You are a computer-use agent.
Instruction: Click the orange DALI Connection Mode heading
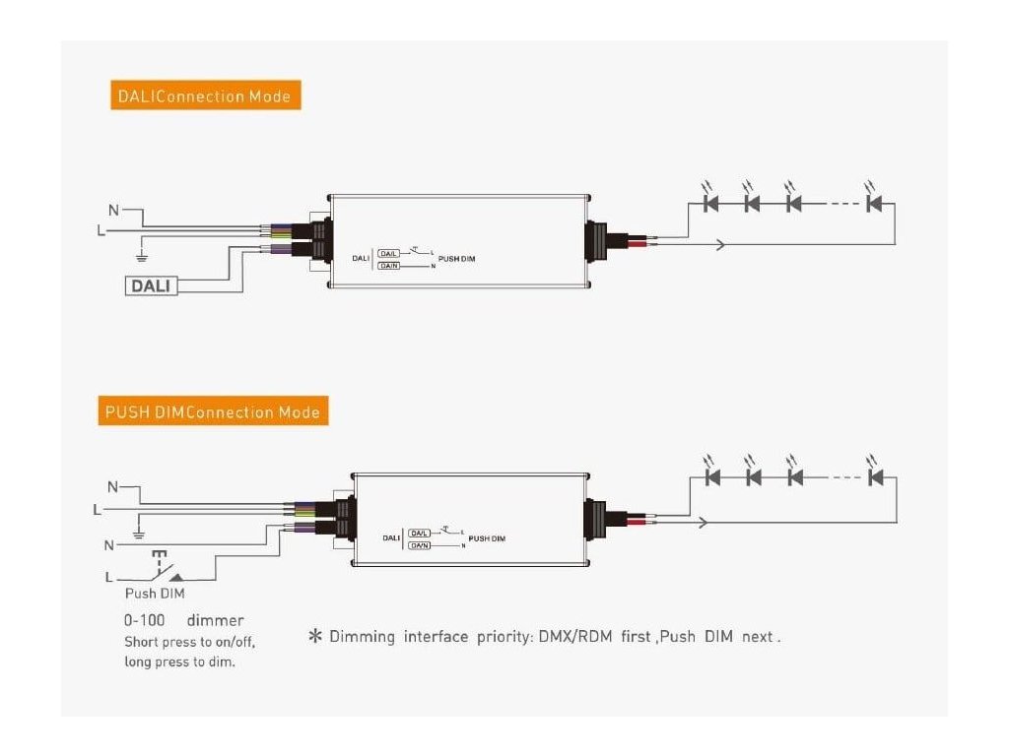[204, 96]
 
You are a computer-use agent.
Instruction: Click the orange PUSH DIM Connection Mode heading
[215, 411]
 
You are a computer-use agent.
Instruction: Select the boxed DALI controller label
[152, 285]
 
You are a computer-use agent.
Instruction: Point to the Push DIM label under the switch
[154, 594]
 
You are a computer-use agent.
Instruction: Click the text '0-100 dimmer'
[183, 621]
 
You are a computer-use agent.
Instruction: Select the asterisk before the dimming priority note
[316, 637]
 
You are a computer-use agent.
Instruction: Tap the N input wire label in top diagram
[113, 210]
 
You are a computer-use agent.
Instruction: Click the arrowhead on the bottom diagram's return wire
[702, 522]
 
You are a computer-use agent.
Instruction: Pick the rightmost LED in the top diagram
[872, 204]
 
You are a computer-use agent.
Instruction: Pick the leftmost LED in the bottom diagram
[714, 477]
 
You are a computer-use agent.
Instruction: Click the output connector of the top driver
[598, 240]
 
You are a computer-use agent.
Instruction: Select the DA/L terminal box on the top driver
[389, 253]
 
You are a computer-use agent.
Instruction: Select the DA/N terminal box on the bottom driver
[420, 544]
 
